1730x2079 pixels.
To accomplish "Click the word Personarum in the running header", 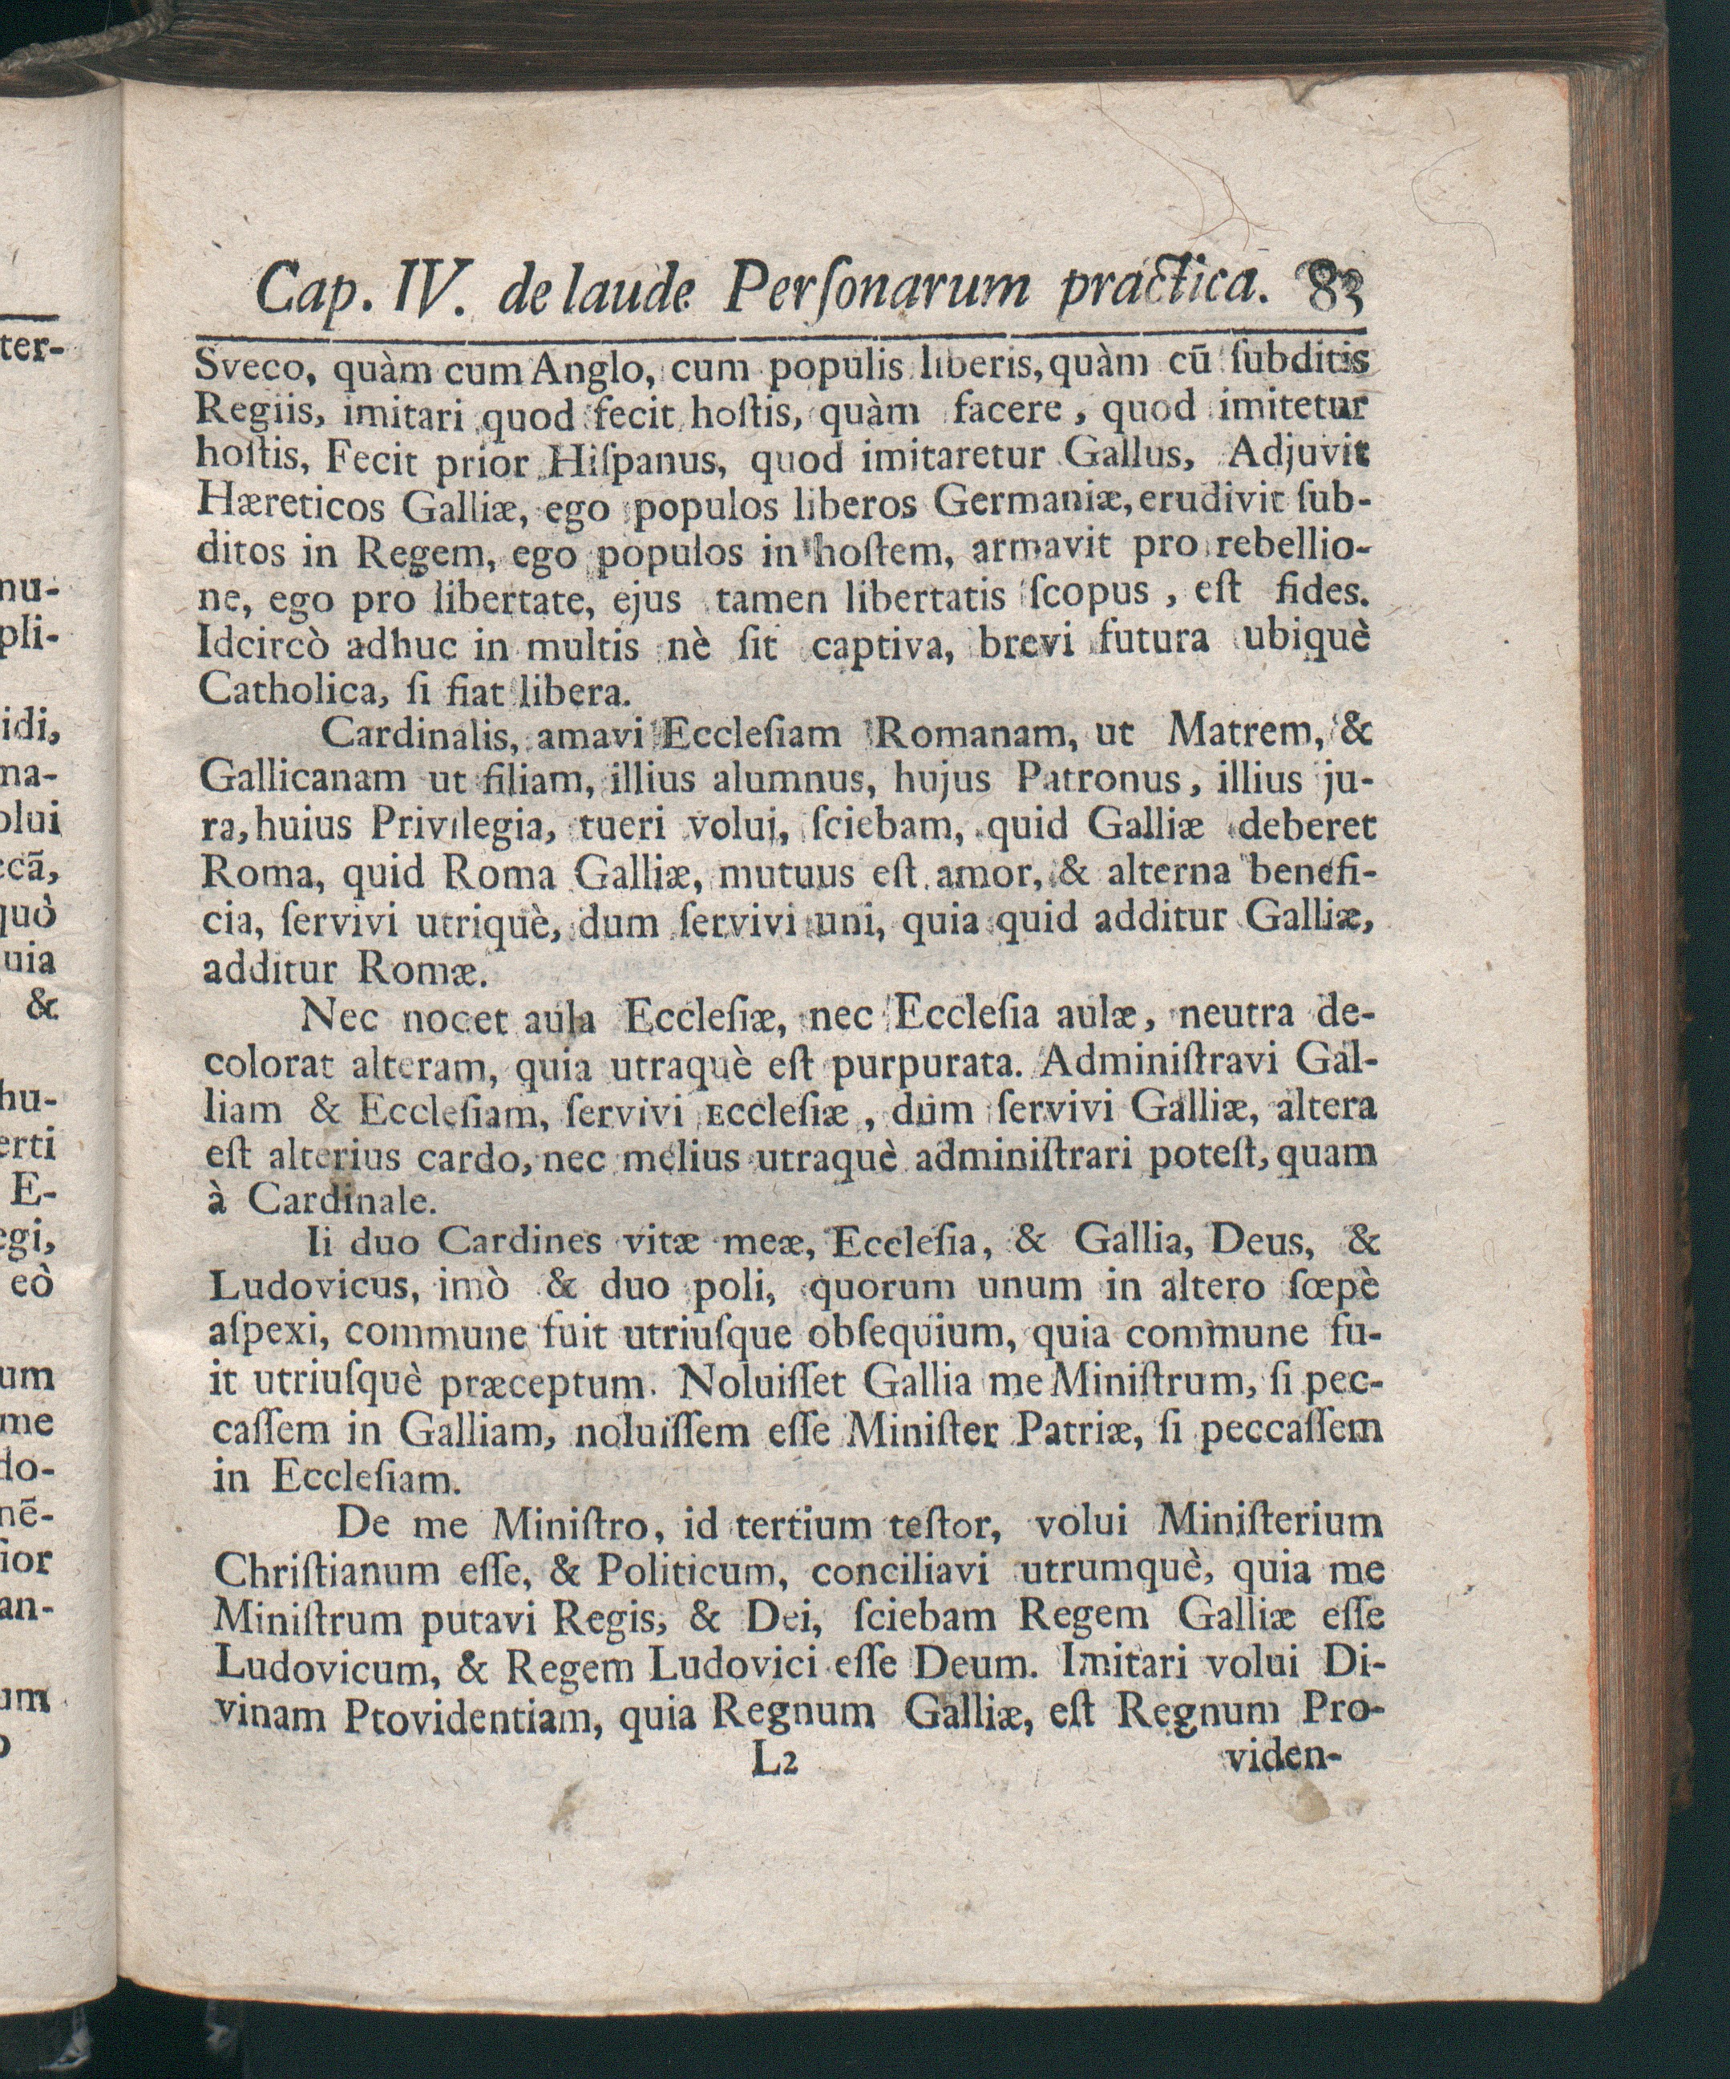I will [877, 288].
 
